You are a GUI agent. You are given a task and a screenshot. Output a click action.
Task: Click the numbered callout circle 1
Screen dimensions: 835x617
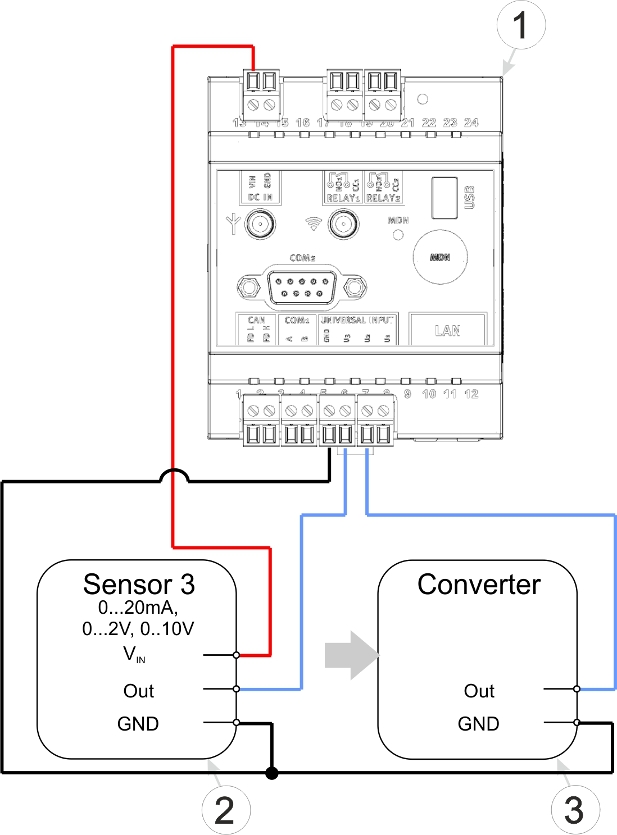[521, 25]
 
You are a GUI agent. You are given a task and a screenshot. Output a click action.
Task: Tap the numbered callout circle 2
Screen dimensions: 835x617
[226, 810]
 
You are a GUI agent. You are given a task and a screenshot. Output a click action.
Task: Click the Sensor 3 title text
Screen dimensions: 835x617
[139, 585]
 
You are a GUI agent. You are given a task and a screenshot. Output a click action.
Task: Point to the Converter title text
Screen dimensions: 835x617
[479, 585]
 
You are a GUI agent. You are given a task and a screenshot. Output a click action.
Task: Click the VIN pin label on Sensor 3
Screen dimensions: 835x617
[134, 654]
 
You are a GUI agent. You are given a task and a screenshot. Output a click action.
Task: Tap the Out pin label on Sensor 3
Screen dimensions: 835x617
[138, 691]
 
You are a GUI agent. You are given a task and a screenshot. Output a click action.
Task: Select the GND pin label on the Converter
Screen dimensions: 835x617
[478, 724]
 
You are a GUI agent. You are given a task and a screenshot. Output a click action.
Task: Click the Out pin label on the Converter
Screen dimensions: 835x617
[479, 691]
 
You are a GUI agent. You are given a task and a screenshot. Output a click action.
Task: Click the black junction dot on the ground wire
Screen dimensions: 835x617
[272, 773]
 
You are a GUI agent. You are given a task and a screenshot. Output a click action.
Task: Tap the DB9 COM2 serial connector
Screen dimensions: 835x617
[302, 288]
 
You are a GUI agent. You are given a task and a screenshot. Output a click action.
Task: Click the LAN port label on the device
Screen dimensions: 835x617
[447, 331]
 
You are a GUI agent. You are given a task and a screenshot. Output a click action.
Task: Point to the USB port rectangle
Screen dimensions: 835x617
[444, 198]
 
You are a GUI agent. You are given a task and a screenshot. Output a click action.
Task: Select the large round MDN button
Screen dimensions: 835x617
[440, 257]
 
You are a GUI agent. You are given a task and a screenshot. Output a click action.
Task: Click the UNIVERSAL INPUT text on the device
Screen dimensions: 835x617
[357, 320]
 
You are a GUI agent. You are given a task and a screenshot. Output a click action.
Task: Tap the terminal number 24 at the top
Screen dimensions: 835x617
[471, 122]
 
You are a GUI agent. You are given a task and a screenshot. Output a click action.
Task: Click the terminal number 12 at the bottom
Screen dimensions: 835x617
[471, 394]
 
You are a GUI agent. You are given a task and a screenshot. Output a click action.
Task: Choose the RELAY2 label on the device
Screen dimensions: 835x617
[383, 198]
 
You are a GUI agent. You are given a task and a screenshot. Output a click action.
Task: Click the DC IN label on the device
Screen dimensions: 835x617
[260, 198]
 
